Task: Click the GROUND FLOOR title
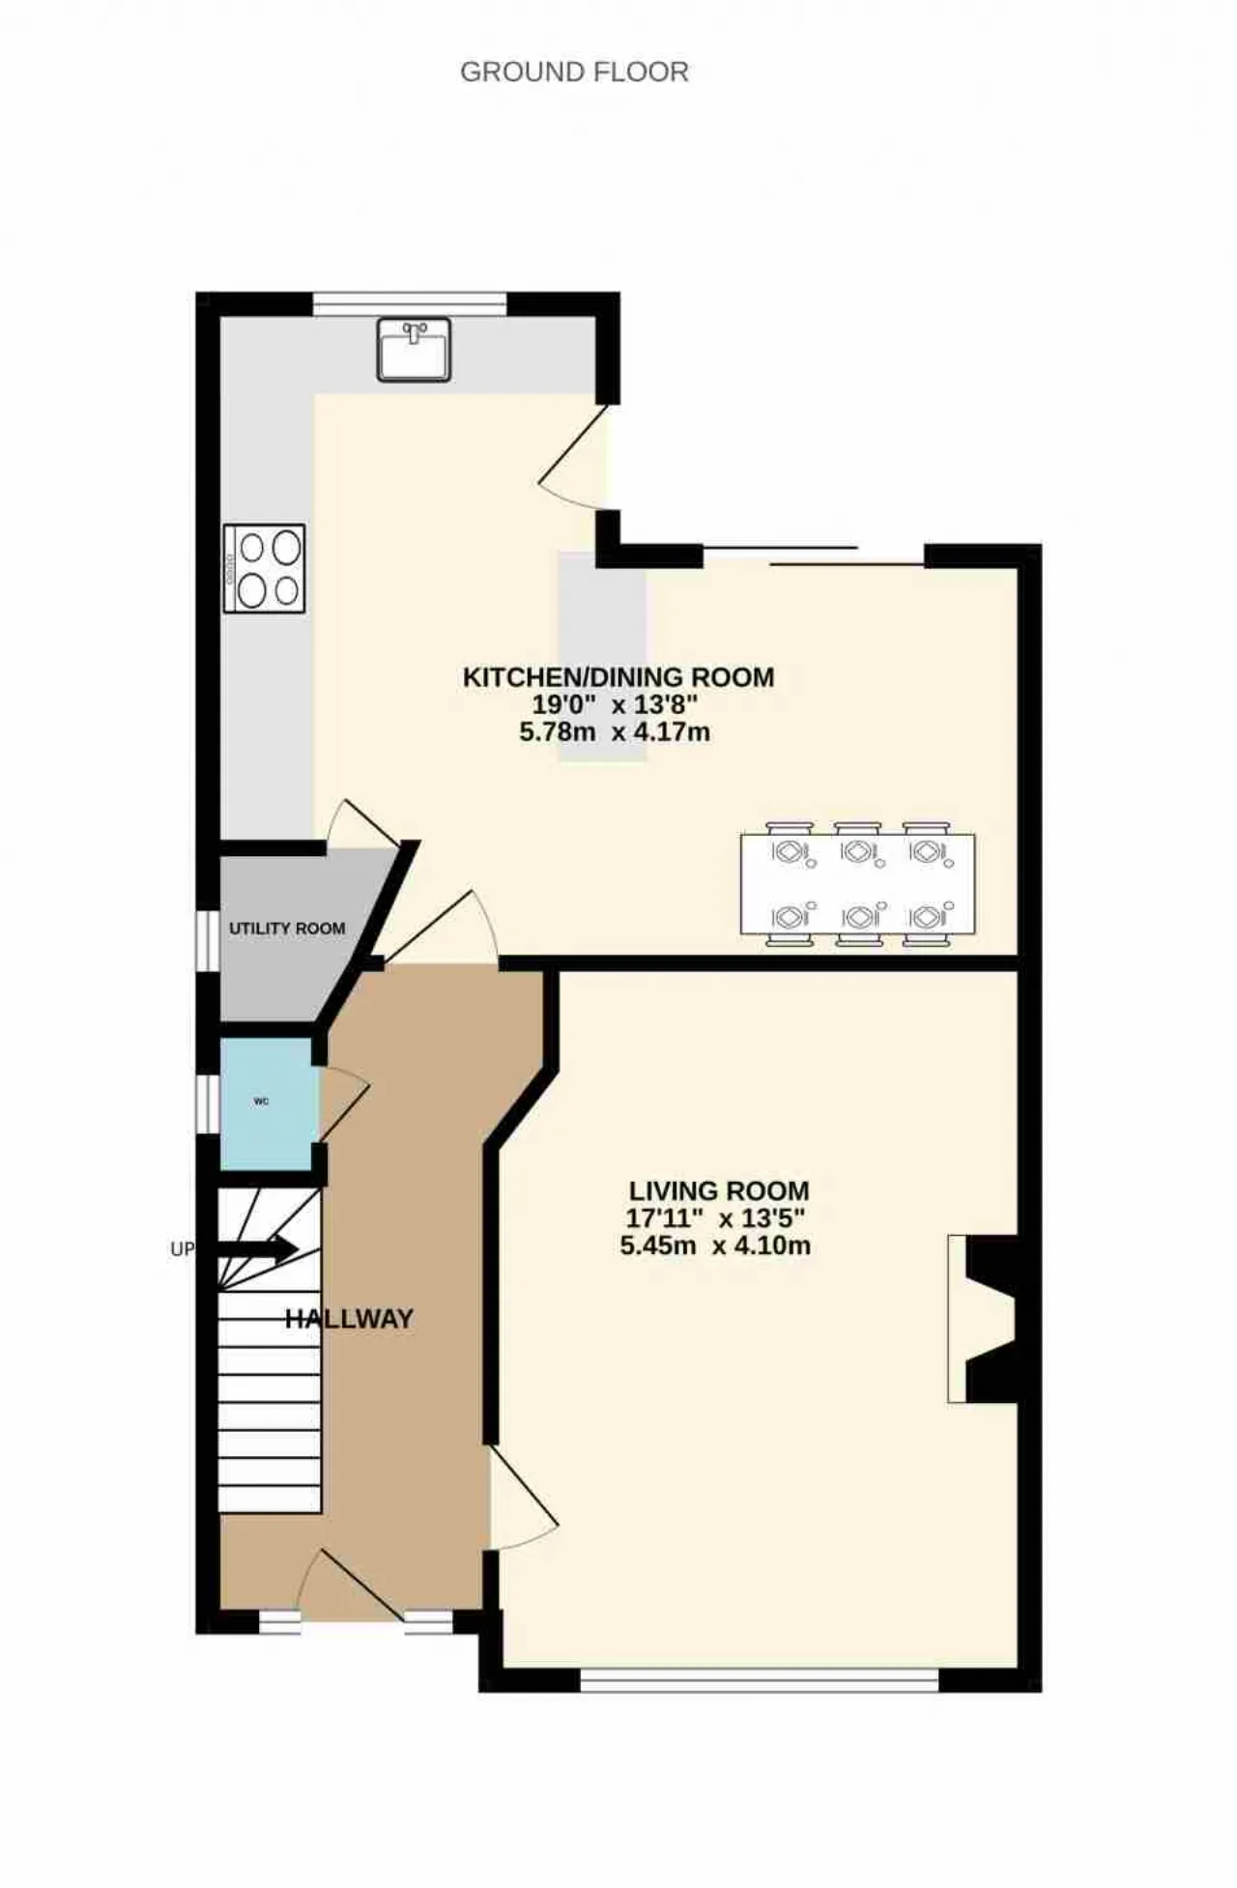tap(574, 72)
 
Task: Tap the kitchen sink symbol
tap(414, 349)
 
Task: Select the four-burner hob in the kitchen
tap(264, 568)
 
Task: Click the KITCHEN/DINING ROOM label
tap(618, 677)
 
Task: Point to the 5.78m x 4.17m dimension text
tap(615, 731)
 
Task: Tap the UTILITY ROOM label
tap(287, 929)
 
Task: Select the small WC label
tap(261, 1101)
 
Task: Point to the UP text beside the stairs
tap(182, 1249)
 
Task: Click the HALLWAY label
tap(349, 1319)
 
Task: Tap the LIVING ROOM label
tap(719, 1191)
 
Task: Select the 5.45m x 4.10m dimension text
tap(715, 1245)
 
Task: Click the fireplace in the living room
tap(984, 1319)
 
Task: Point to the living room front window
tap(760, 1681)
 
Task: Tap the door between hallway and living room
tap(522, 1501)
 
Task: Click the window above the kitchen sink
tap(410, 303)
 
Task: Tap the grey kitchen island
tap(602, 657)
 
